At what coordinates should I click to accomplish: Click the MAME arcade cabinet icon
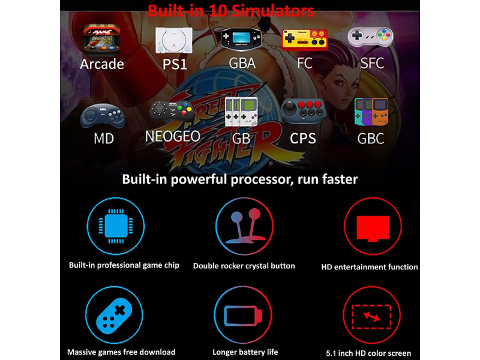click(102, 40)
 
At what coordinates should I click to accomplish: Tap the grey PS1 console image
click(174, 40)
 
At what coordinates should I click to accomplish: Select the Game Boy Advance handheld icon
click(241, 38)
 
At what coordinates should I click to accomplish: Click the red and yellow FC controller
click(304, 40)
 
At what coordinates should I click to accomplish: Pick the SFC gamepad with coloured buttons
click(370, 37)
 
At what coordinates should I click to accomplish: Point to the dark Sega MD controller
click(103, 116)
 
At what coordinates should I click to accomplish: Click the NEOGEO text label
click(173, 136)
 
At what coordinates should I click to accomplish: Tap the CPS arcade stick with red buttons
click(304, 111)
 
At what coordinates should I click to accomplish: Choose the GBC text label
click(370, 139)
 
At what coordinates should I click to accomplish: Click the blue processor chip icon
click(116, 226)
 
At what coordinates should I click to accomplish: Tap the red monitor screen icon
click(373, 229)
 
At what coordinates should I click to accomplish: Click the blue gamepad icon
click(114, 316)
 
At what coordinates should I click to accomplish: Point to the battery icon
click(243, 316)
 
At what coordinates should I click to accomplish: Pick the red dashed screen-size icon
click(371, 317)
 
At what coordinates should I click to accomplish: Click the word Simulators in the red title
click(272, 11)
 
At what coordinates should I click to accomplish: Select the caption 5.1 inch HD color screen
click(368, 353)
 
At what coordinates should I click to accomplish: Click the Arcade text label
click(102, 64)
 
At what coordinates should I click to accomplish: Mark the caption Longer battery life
click(245, 352)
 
